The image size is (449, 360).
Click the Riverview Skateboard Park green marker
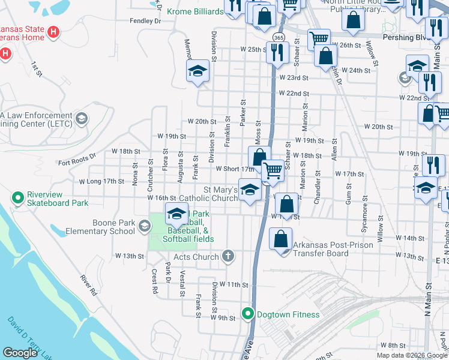pyautogui.click(x=18, y=197)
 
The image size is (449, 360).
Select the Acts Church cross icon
pyautogui.click(x=228, y=257)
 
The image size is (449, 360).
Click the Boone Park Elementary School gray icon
pyautogui.click(x=144, y=226)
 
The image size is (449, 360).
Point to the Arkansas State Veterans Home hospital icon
pyautogui.click(x=54, y=31)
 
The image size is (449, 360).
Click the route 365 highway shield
pyautogui.click(x=278, y=37)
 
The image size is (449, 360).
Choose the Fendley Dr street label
pyautogui.click(x=146, y=21)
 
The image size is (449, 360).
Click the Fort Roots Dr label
pyautogui.click(x=77, y=159)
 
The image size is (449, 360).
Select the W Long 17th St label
pyautogui.click(x=101, y=181)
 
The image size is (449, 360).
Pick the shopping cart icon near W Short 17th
pyautogui.click(x=273, y=170)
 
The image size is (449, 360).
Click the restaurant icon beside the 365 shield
pyautogui.click(x=277, y=53)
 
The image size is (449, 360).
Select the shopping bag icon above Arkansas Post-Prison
pyautogui.click(x=281, y=239)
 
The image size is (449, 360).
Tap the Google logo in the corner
pyautogui.click(x=20, y=353)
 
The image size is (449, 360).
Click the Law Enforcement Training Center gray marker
pyautogui.click(x=82, y=119)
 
